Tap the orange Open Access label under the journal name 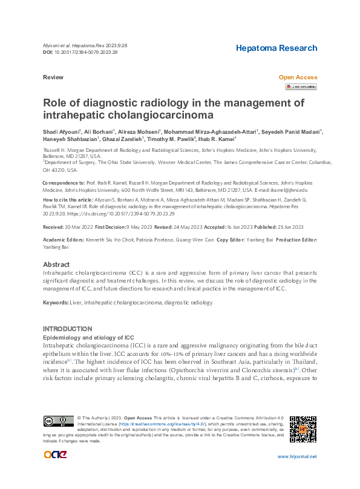coord(298,78)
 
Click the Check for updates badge coord(301,87)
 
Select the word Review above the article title coord(53,78)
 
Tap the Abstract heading coord(56,265)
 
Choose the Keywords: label coord(56,302)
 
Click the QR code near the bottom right coord(303,429)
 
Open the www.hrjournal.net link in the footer coord(296,457)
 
